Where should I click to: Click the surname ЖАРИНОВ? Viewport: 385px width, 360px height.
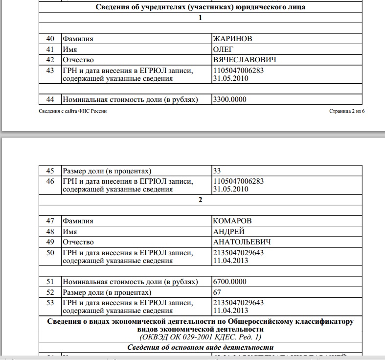coord(233,38)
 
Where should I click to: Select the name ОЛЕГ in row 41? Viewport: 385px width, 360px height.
coord(224,49)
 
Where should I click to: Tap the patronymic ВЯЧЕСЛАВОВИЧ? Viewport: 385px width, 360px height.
coord(245,60)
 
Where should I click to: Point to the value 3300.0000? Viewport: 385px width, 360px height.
coord(230,99)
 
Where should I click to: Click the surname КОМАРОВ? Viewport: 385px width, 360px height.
coord(233,221)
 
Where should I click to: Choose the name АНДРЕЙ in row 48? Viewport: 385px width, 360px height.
coord(229,232)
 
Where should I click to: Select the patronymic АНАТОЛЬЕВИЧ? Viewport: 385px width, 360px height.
coord(242,242)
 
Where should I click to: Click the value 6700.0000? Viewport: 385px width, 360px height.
coord(230,282)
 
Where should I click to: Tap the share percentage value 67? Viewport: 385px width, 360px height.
coord(217,292)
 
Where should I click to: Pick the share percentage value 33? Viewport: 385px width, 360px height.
coord(217,171)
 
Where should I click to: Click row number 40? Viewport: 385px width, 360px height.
coord(49,38)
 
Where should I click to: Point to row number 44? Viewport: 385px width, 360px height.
coord(49,99)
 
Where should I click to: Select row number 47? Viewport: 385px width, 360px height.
coord(49,221)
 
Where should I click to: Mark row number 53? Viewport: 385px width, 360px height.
coord(49,303)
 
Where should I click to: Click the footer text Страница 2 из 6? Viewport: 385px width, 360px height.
coord(347,111)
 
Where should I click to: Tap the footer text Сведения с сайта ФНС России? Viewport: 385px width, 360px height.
coord(72,111)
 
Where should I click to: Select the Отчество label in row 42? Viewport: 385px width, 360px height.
coord(78,60)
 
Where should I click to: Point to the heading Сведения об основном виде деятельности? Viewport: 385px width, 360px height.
coord(200,347)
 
